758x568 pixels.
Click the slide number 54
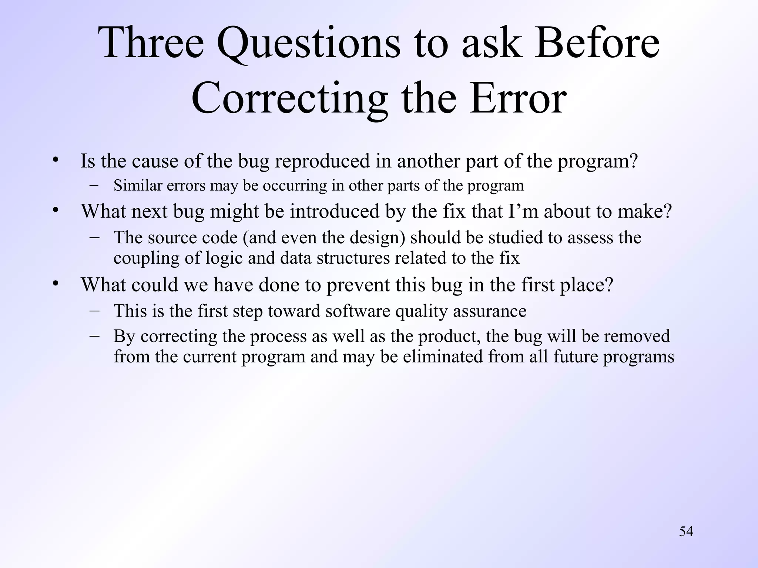686,531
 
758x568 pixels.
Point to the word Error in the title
518,98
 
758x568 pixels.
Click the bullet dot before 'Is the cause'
56,160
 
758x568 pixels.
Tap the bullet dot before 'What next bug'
56,210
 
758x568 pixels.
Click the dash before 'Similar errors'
94,185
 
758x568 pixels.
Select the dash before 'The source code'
94,237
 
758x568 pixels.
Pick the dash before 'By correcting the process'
94,336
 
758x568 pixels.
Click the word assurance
489,311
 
